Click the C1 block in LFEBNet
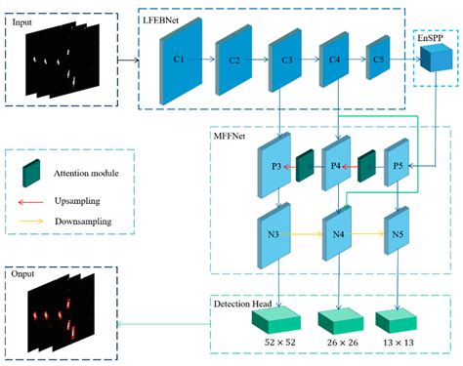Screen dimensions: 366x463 180,58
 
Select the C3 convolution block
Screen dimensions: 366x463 284,59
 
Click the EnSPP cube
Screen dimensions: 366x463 431,60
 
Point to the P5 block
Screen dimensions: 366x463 397,167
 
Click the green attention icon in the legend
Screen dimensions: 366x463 31,173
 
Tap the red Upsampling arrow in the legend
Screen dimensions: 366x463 35,201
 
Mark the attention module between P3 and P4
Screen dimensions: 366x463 305,167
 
